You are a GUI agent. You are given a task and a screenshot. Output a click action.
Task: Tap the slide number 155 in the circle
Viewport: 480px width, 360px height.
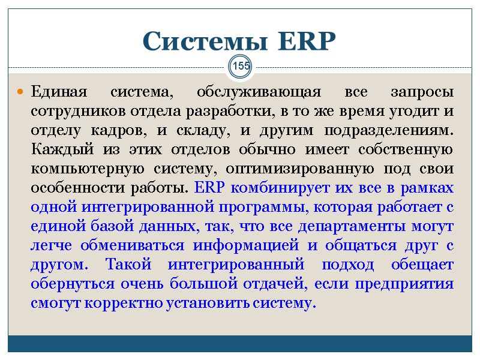[241, 66]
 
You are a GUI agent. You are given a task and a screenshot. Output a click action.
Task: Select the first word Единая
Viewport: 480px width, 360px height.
[58, 93]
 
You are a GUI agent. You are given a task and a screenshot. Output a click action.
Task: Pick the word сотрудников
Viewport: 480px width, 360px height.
[71, 112]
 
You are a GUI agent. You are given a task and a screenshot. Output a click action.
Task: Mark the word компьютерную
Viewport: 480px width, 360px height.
[78, 170]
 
